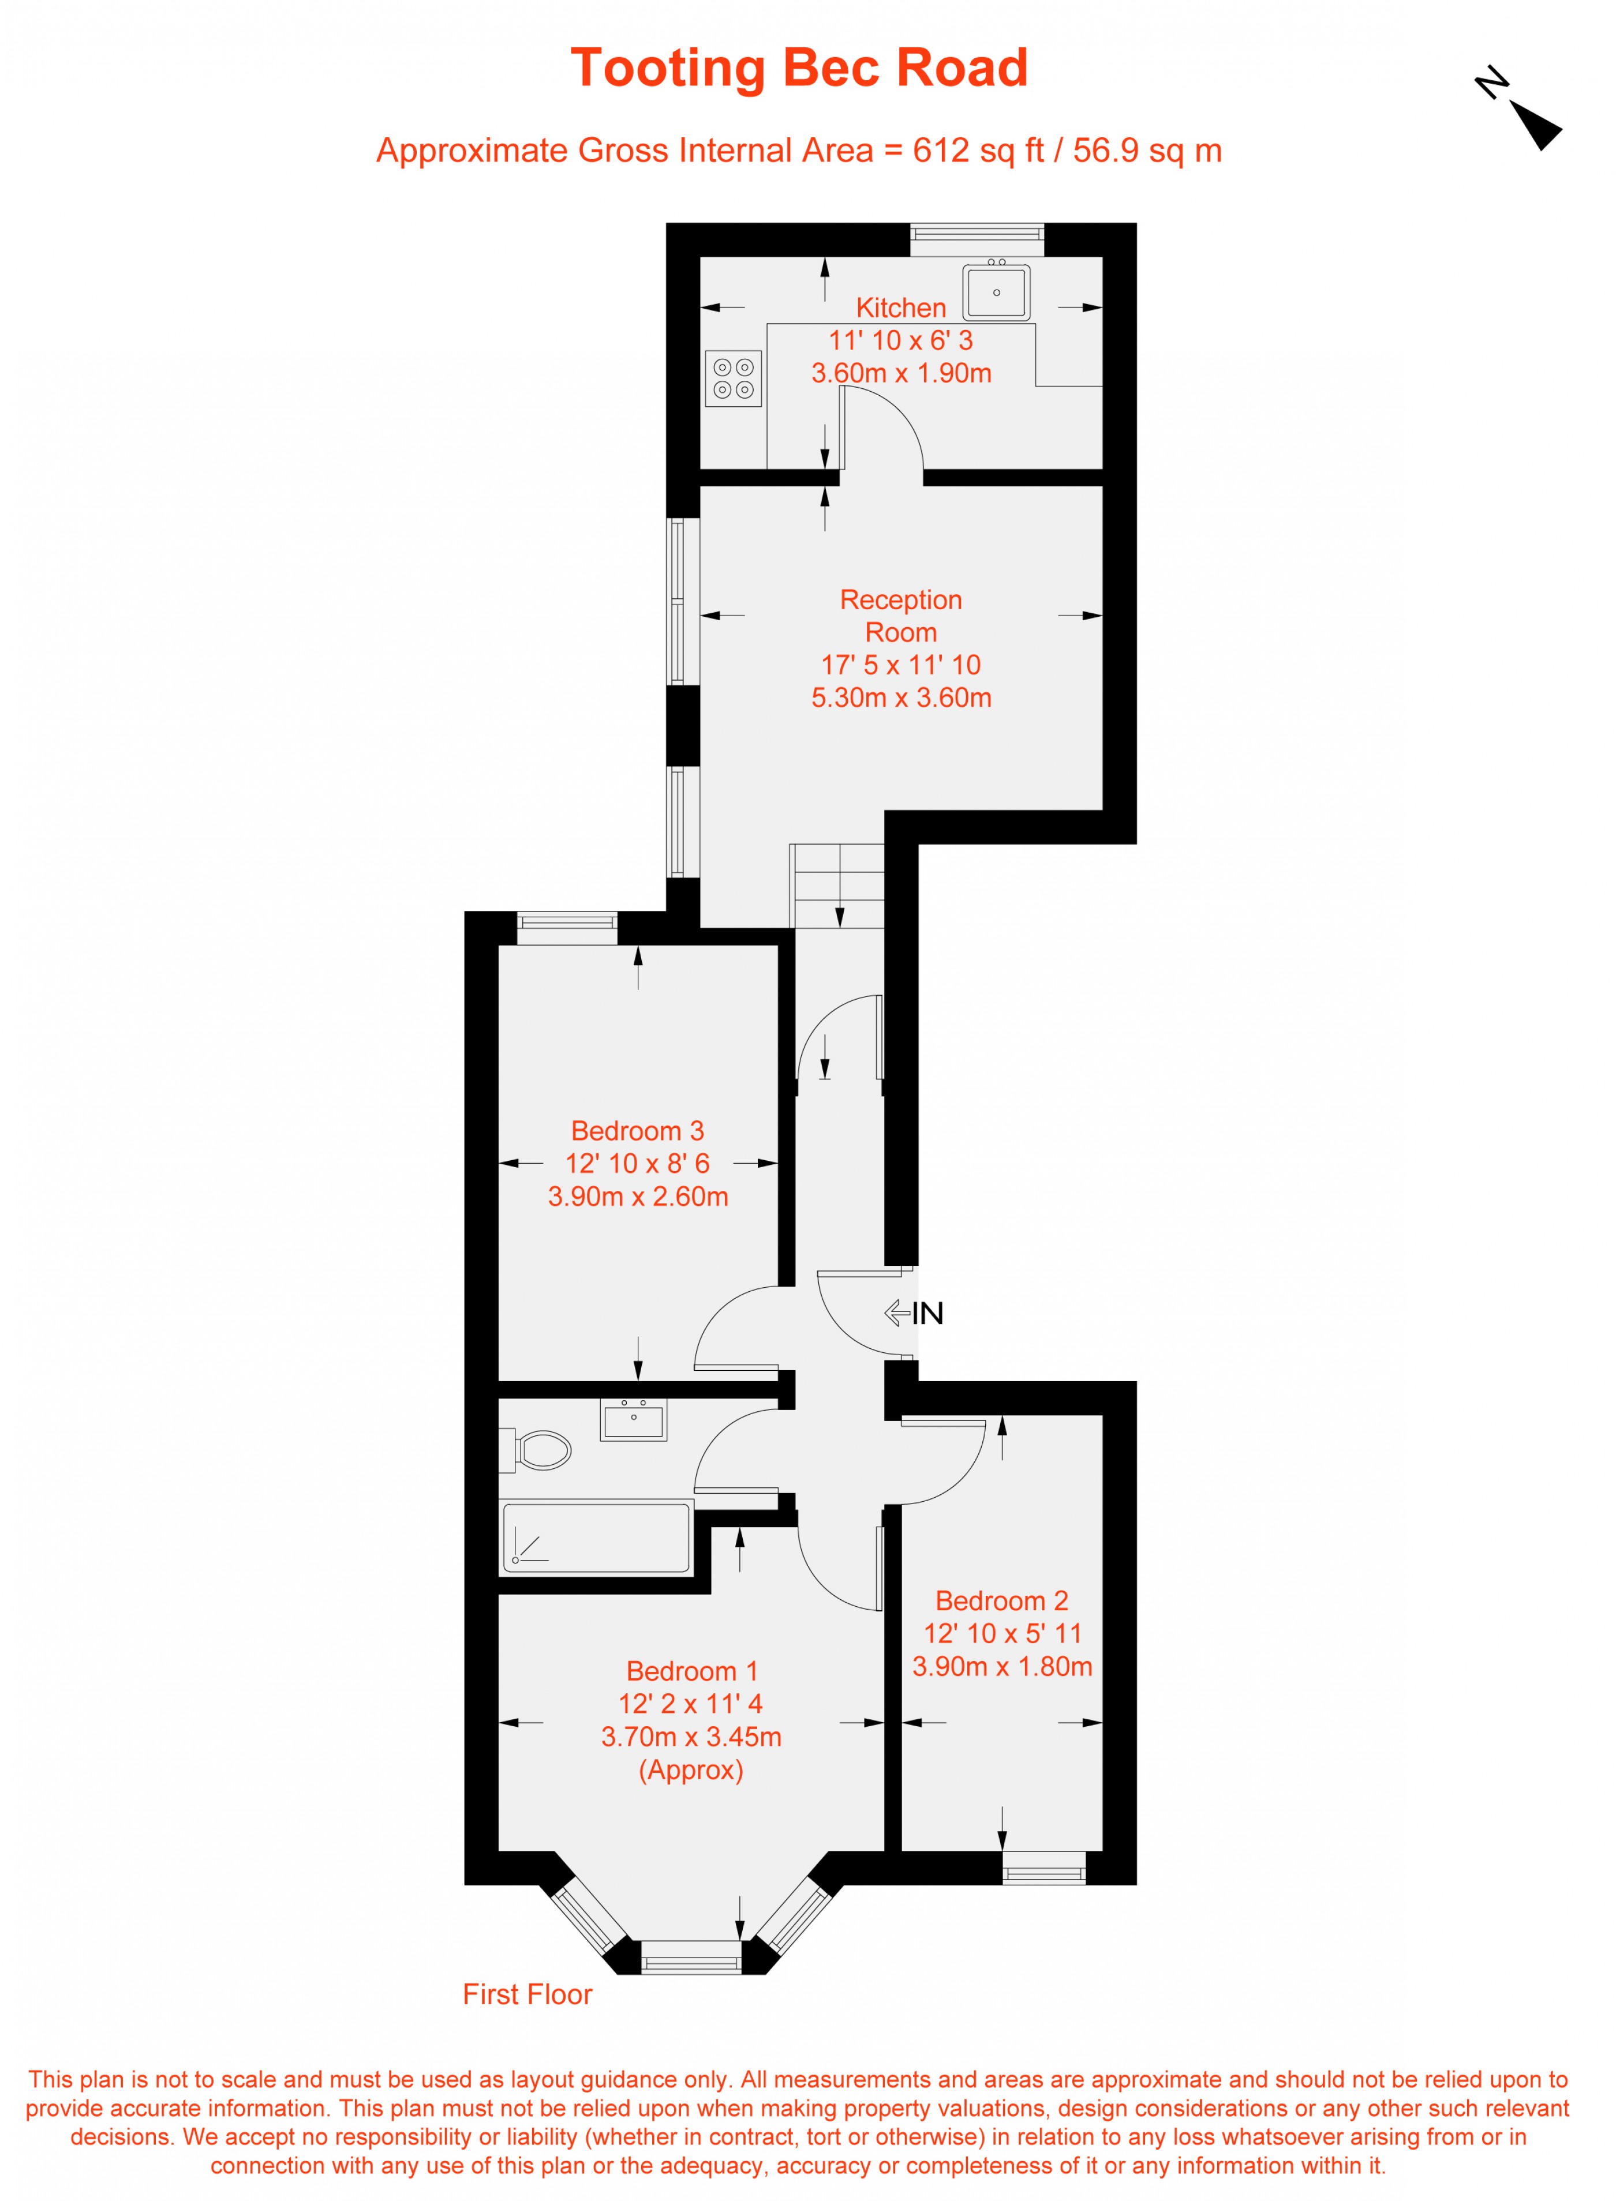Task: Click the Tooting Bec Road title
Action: point(799,69)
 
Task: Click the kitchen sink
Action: point(996,291)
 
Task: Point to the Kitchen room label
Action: point(901,308)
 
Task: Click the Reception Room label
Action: point(901,616)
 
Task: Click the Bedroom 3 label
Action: point(638,1131)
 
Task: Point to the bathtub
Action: point(596,1537)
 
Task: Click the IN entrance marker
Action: point(915,1313)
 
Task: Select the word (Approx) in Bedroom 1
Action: point(691,1771)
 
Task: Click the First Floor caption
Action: point(528,1994)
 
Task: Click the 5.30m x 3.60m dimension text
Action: point(901,698)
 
